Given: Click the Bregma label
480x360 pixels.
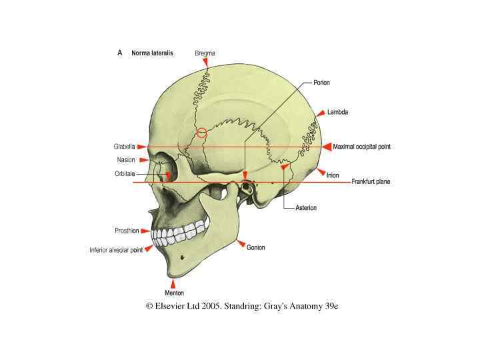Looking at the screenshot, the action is click(205, 53).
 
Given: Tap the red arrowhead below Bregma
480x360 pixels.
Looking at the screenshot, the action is click(206, 62).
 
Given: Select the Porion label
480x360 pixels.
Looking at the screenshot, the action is click(322, 83).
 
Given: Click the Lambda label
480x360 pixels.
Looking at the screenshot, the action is click(338, 112).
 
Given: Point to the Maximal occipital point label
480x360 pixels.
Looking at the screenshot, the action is click(362, 147).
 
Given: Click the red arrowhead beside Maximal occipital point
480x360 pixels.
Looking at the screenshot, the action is click(327, 147).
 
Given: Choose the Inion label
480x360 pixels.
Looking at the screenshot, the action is click(333, 175).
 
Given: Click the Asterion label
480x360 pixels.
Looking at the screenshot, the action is click(306, 208).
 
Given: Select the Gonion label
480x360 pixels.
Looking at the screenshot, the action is click(255, 247).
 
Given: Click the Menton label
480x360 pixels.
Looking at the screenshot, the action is click(174, 293).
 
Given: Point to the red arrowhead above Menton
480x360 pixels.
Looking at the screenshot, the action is click(173, 283).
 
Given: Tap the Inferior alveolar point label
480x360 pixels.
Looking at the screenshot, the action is click(116, 251).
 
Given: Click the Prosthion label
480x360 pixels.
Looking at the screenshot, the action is click(127, 231).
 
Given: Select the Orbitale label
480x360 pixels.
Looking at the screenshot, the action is click(125, 174).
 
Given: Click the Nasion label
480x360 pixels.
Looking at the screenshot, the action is click(126, 160).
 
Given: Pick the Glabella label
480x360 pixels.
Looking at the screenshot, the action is click(124, 146).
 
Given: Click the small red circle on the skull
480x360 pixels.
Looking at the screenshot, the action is click(202, 132).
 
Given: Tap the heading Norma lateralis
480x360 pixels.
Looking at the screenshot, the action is click(153, 53).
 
